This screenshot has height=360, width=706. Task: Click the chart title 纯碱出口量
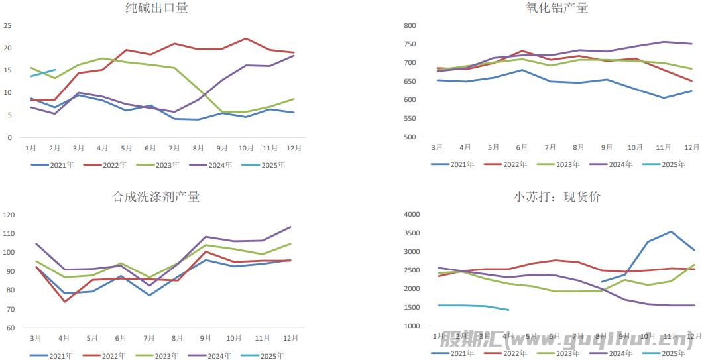pos(156,8)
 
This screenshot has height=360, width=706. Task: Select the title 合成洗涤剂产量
pos(156,196)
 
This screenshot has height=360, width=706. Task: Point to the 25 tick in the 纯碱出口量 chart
pos(8,26)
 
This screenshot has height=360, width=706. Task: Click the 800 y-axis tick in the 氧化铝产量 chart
pos(409,26)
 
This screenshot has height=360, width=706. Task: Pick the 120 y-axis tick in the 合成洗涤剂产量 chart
pos(9,215)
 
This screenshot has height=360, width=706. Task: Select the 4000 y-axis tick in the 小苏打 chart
pos(412,215)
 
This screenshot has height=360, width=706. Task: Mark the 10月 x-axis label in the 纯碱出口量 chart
pos(246,147)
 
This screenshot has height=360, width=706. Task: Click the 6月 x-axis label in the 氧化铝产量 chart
pos(522,147)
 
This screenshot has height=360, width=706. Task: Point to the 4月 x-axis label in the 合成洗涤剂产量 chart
pos(64,337)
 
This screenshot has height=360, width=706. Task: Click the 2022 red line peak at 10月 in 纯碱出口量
pos(246,38)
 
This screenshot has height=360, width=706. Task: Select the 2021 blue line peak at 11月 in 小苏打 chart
pos(671,231)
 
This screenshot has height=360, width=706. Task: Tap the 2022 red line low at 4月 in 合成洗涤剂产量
pos(64,302)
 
